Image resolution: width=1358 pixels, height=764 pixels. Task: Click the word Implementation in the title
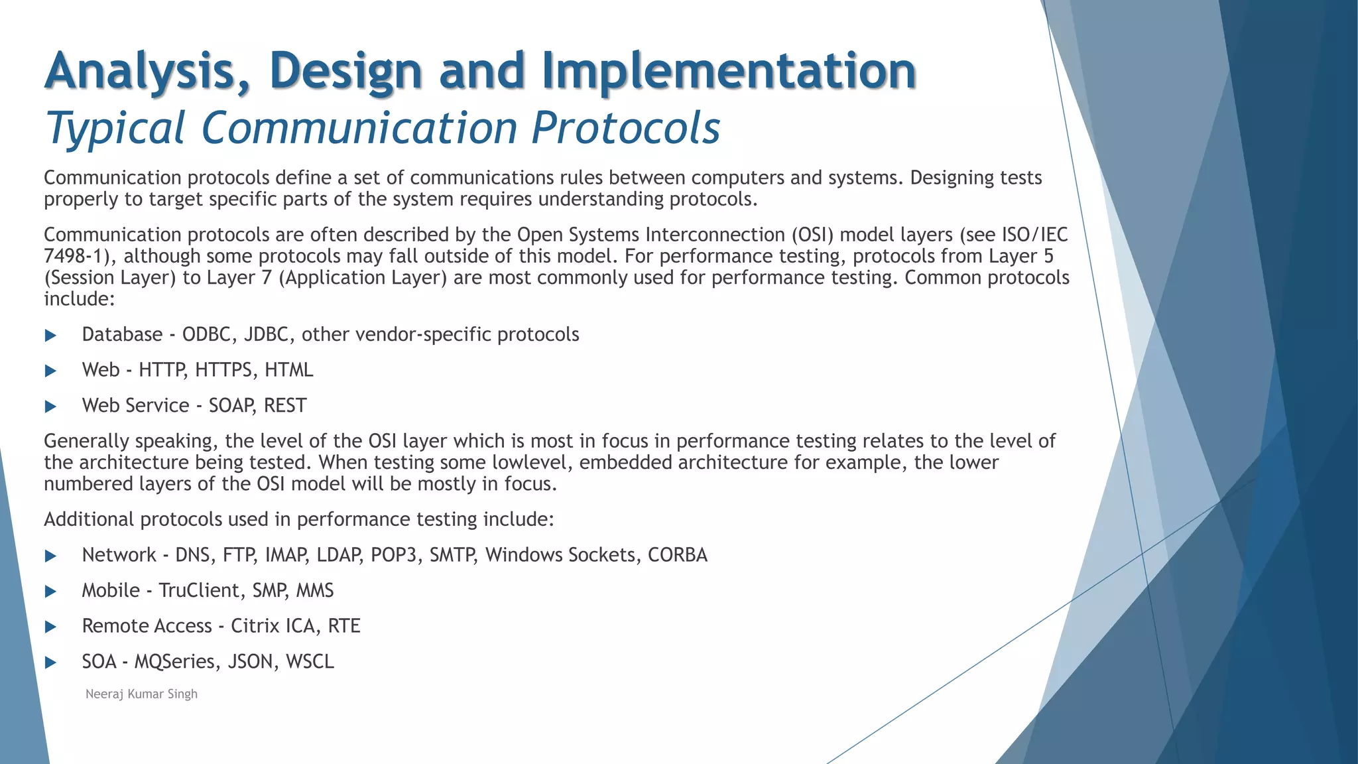(x=729, y=72)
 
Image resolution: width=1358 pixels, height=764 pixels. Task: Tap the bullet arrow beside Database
(x=50, y=336)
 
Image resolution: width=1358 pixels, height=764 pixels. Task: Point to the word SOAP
(x=232, y=405)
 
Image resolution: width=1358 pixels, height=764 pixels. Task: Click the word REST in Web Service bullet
(x=285, y=405)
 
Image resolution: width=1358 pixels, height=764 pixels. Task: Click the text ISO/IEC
(x=1034, y=235)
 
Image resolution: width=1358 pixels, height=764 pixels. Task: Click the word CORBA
(x=677, y=554)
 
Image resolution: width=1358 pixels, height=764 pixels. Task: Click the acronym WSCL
(x=310, y=662)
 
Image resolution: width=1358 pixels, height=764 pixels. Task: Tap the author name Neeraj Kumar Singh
(x=141, y=694)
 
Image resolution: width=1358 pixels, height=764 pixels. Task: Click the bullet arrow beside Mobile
(x=50, y=592)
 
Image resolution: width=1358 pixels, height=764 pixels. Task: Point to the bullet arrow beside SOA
(x=50, y=663)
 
